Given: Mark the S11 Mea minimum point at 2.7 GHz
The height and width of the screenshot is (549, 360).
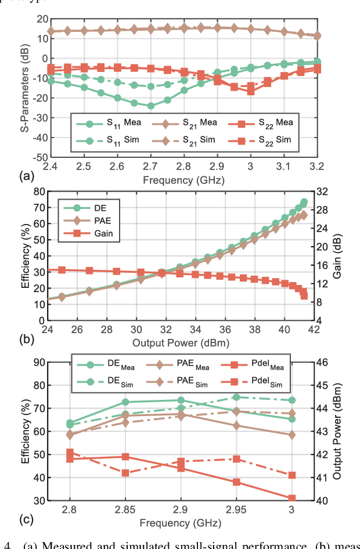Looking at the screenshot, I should [x=151, y=106].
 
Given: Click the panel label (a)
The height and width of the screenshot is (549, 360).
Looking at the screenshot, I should [x=10, y=174].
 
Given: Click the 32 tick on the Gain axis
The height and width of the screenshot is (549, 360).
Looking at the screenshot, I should [x=323, y=191].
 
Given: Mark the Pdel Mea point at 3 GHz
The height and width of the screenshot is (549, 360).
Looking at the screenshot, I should [x=292, y=498].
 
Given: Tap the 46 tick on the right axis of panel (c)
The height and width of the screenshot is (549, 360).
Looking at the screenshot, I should [x=323, y=362].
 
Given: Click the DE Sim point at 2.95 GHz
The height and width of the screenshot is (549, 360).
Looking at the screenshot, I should [x=236, y=397].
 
